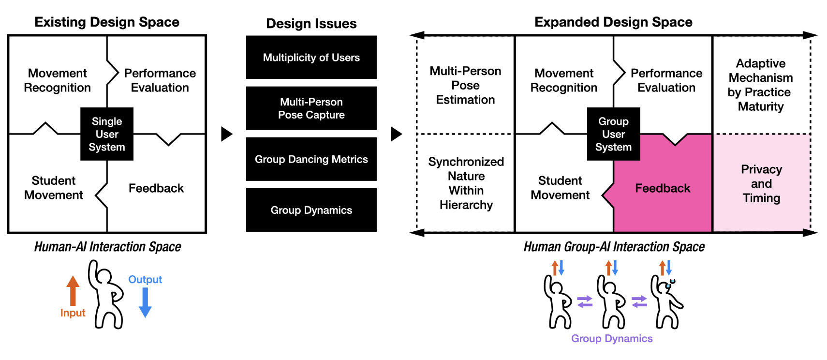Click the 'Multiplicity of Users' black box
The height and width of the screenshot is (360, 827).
(x=311, y=57)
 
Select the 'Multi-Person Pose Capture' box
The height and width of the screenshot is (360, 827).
(x=311, y=108)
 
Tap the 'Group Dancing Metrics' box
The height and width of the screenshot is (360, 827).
(x=311, y=159)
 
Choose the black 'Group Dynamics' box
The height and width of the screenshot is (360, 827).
(x=311, y=210)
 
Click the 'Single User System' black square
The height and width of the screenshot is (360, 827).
(x=107, y=134)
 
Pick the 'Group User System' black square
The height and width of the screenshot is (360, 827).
(x=613, y=134)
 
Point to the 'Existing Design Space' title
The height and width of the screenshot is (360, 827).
(x=107, y=22)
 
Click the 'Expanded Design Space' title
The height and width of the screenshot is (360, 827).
(x=613, y=22)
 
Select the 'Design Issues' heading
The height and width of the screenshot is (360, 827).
(x=311, y=24)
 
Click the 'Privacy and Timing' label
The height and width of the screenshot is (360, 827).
(x=761, y=183)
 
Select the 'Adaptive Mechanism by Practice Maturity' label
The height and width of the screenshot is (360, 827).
(x=761, y=85)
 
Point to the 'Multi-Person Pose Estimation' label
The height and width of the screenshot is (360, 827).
(x=465, y=85)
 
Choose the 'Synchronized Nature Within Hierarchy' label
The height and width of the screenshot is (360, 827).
(x=466, y=183)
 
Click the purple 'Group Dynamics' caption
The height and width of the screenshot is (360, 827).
(x=612, y=339)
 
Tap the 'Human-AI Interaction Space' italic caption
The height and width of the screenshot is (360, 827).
(x=107, y=247)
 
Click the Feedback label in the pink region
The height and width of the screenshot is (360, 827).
(x=663, y=188)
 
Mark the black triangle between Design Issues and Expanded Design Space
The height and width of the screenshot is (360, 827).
(x=396, y=134)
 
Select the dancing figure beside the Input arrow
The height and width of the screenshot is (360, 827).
(x=106, y=295)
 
